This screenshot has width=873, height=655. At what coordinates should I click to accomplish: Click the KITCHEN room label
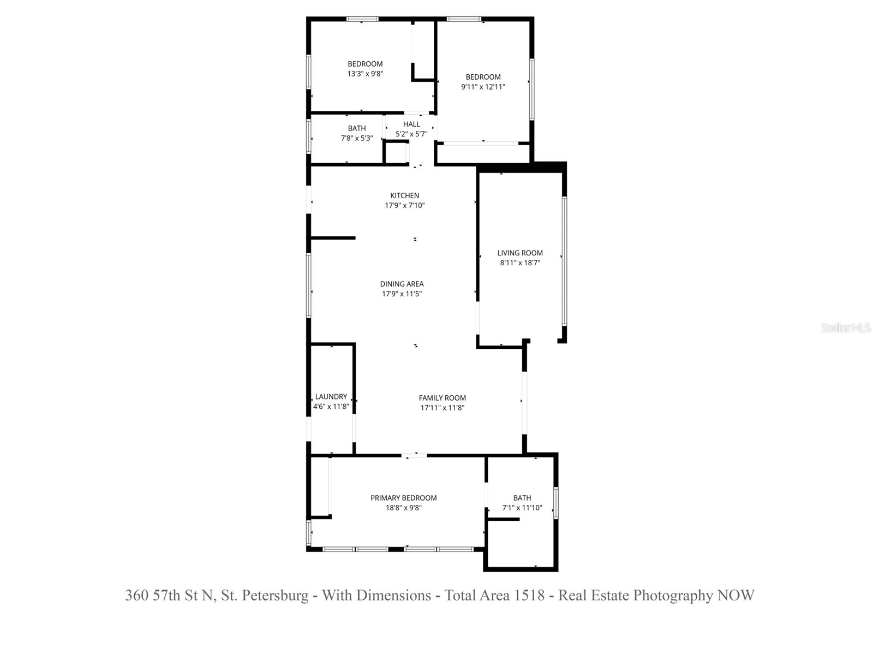point(404,195)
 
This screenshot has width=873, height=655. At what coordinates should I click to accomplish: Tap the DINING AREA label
point(402,284)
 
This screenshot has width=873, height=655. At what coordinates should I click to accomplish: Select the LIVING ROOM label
point(520,253)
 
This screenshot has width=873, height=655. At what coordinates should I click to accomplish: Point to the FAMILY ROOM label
point(442,398)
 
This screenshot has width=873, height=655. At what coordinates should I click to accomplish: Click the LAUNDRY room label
point(331,397)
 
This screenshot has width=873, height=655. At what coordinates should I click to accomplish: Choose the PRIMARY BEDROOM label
point(403,498)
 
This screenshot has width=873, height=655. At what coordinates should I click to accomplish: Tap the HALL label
point(411,124)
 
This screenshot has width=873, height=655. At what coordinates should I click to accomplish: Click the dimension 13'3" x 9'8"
point(365,74)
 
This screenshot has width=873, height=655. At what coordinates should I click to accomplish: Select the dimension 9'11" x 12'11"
point(483,87)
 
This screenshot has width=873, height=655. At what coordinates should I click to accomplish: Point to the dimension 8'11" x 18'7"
point(520,263)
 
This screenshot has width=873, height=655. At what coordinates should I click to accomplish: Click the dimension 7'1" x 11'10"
point(522,508)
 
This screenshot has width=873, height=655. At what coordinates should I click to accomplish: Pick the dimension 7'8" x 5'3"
point(357,138)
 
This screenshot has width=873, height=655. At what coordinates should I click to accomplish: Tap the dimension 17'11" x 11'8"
point(442,408)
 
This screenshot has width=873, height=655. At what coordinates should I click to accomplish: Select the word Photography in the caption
point(673,596)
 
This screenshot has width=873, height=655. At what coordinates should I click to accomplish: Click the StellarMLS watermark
point(845,328)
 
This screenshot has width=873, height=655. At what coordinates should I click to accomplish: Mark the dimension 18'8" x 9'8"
point(403,508)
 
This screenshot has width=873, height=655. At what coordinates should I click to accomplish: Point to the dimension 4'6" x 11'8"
point(331,407)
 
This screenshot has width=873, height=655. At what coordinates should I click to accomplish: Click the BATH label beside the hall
point(357,128)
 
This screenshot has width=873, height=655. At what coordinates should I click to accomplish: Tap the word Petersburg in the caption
point(275,596)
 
